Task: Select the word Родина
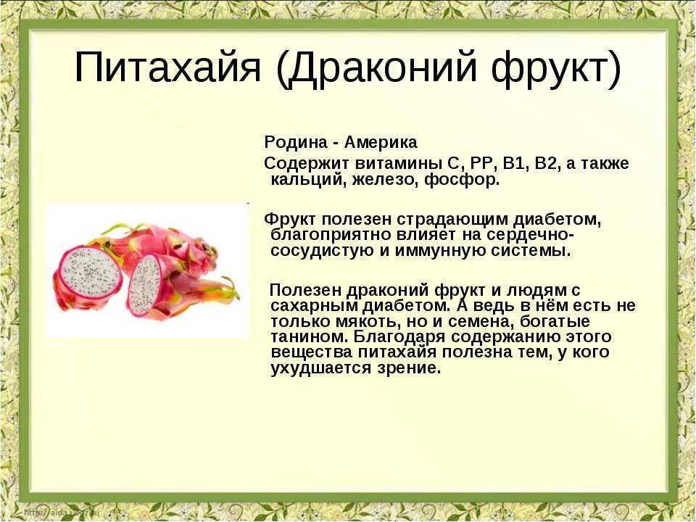pos(295,143)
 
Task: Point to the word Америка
pos(381,143)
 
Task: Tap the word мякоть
pos(360,322)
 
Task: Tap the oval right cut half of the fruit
pos(144,284)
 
